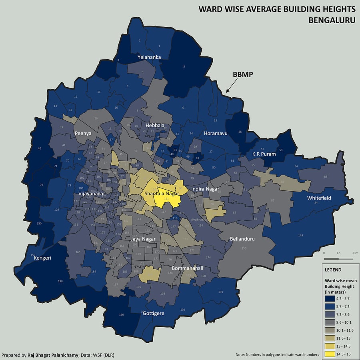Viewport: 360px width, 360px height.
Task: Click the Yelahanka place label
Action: click(149, 57)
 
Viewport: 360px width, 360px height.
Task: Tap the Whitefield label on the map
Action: click(319, 198)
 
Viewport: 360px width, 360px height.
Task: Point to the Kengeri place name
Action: click(42, 258)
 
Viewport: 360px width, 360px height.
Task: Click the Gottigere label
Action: click(154, 313)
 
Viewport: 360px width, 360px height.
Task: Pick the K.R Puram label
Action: click(264, 154)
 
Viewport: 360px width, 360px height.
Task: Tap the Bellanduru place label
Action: click(242, 239)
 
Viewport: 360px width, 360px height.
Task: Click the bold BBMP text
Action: click(243, 75)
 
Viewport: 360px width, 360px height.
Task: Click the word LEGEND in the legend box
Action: click(333, 270)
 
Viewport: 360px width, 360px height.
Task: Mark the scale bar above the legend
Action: click(338, 259)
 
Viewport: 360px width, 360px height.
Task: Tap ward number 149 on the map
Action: click(300, 236)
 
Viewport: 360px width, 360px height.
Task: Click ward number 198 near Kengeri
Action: click(60, 281)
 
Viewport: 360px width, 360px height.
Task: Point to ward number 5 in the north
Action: click(184, 66)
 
